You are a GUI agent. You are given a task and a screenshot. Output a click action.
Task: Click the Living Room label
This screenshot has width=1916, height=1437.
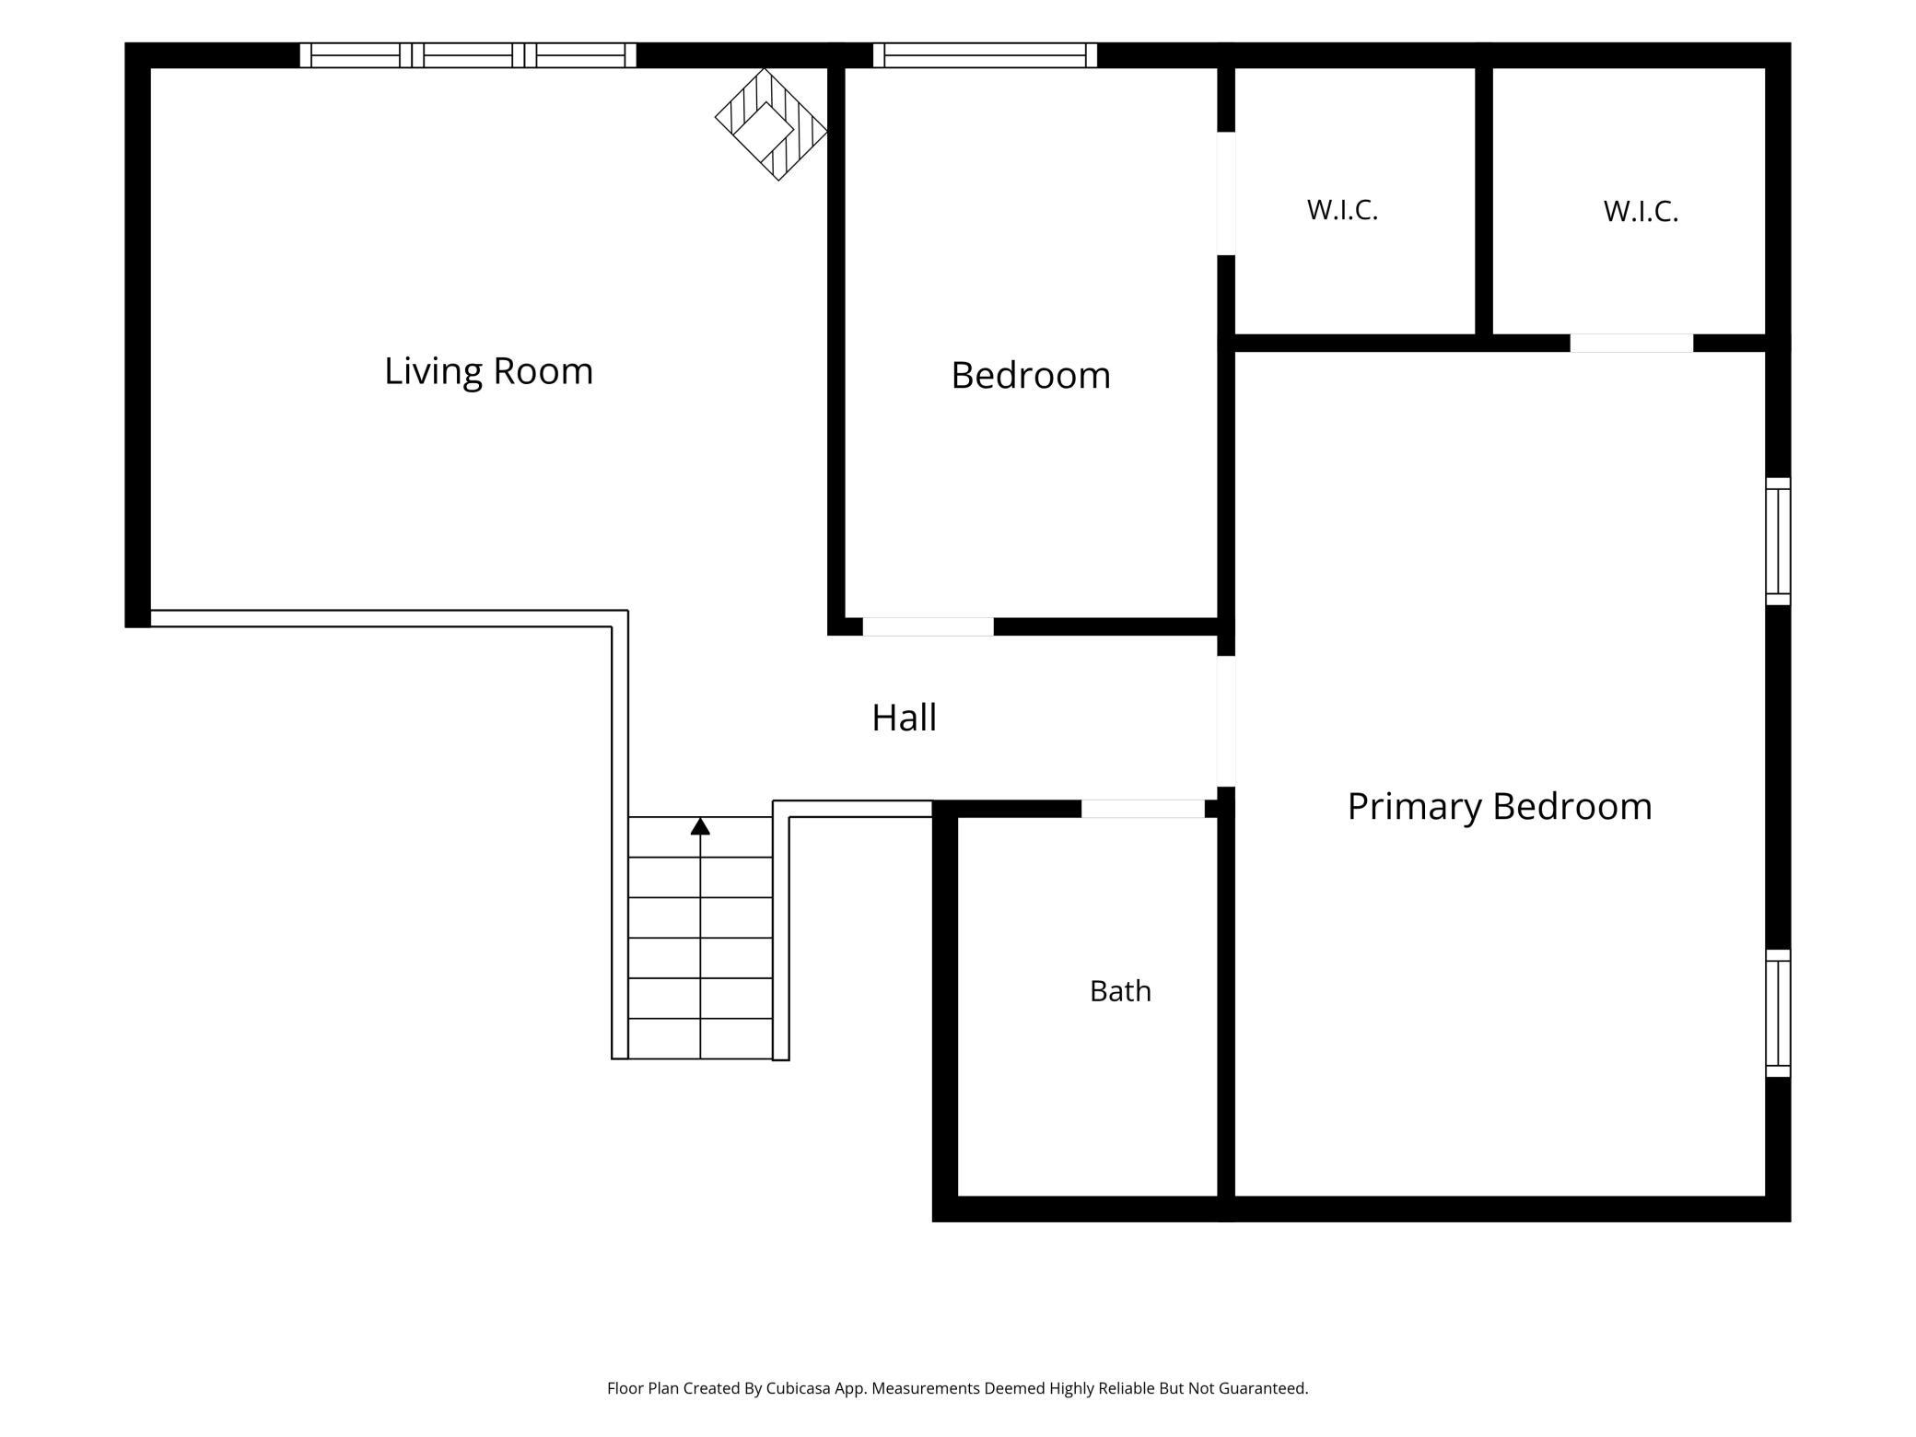[x=488, y=371]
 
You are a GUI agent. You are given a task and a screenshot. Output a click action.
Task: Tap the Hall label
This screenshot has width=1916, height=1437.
[x=904, y=718]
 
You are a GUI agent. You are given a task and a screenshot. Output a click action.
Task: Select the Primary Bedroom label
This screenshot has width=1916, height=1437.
[x=1500, y=807]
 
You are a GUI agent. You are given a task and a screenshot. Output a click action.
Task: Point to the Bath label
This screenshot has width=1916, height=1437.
[x=1120, y=991]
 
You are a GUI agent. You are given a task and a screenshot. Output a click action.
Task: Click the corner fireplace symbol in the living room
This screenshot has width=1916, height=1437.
[x=772, y=124]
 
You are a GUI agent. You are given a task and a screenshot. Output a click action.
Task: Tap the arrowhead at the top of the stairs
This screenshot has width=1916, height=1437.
[x=700, y=826]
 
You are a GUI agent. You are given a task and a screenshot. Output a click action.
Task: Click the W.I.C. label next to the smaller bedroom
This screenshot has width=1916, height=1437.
[x=1342, y=210]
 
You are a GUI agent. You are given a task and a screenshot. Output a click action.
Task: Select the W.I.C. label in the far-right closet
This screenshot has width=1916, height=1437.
[x=1641, y=211]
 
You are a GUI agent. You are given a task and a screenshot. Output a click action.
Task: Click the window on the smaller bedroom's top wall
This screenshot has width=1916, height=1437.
[x=985, y=55]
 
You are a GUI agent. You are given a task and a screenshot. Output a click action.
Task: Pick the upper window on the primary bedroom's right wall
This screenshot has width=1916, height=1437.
[x=1778, y=542]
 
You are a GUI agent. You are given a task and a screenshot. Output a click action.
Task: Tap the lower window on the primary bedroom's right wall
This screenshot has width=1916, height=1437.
[x=1778, y=1013]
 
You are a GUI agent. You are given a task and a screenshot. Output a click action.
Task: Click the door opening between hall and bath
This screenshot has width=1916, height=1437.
[x=1142, y=809]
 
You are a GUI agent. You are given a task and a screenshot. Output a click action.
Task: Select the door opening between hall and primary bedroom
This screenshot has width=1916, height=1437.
[x=1226, y=721]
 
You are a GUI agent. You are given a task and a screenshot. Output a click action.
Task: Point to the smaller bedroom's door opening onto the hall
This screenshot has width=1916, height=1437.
[x=928, y=626]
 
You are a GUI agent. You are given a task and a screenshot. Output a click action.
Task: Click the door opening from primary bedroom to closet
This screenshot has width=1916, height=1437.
[x=1631, y=343]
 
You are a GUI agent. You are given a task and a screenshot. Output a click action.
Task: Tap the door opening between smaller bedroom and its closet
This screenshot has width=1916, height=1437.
[x=1226, y=193]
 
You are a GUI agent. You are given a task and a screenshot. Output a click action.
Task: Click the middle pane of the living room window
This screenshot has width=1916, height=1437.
[x=468, y=55]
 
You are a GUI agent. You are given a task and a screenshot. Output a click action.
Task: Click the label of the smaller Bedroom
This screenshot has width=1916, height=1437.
[x=1031, y=376]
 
